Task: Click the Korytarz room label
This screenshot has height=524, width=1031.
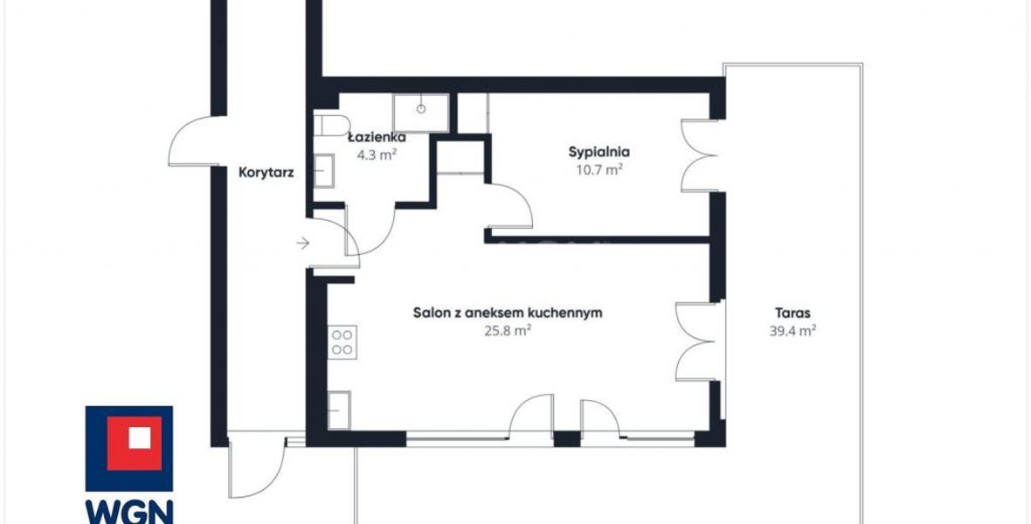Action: [x=266, y=174]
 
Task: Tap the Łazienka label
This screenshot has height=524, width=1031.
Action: [x=377, y=138]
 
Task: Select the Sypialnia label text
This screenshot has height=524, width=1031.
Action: [x=599, y=152]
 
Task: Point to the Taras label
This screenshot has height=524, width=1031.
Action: [x=792, y=313]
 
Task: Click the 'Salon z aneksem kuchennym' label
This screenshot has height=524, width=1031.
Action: [x=508, y=313]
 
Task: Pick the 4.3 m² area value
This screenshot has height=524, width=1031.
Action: [x=377, y=155]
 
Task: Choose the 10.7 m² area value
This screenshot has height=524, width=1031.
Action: [x=599, y=169]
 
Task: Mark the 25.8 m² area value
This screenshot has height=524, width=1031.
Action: [x=508, y=331]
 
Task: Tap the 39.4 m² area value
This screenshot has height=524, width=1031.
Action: [x=792, y=331]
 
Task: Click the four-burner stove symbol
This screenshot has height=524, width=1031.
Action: [x=342, y=341]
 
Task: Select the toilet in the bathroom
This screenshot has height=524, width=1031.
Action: [x=331, y=126]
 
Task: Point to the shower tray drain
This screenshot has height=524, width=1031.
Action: [x=421, y=108]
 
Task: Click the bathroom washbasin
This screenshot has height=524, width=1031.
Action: [x=323, y=171]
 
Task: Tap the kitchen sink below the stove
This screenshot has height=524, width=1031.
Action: [x=339, y=410]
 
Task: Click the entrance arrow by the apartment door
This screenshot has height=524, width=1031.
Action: [x=302, y=244]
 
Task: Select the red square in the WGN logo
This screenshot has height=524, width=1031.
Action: [x=135, y=443]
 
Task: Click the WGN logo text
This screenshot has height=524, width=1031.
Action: [x=129, y=513]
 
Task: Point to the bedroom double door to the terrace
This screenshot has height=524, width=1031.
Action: [x=699, y=155]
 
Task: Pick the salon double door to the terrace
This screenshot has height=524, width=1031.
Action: [x=695, y=341]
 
